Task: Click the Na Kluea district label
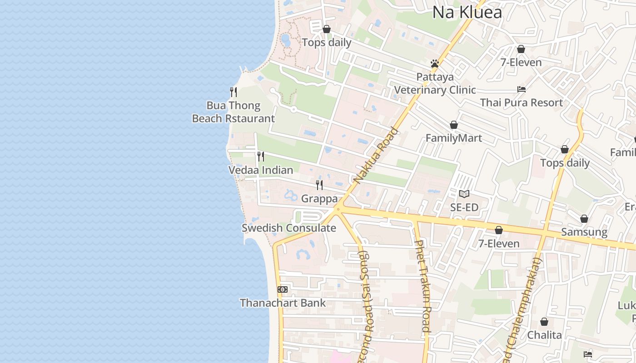pyautogui.click(x=467, y=12)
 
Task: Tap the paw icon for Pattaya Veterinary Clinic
pyautogui.click(x=435, y=64)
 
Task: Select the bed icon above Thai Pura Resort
pyautogui.click(x=522, y=89)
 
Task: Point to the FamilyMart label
pyautogui.click(x=453, y=138)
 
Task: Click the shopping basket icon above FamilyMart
pyautogui.click(x=453, y=125)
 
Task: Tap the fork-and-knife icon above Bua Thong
pyautogui.click(x=234, y=92)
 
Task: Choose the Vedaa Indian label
pyautogui.click(x=260, y=170)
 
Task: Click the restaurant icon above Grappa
pyautogui.click(x=319, y=185)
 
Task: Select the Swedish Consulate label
pyautogui.click(x=289, y=228)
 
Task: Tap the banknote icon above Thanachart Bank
pyautogui.click(x=283, y=289)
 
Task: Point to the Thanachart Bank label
pyautogui.click(x=283, y=303)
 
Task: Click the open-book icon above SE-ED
pyautogui.click(x=464, y=194)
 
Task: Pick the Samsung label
pyautogui.click(x=584, y=232)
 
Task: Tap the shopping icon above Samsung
pyautogui.click(x=584, y=219)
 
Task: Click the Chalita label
pyautogui.click(x=544, y=335)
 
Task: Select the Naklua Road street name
pyautogui.click(x=376, y=156)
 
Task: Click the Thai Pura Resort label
pyautogui.click(x=522, y=103)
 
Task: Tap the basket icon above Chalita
pyautogui.click(x=544, y=322)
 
